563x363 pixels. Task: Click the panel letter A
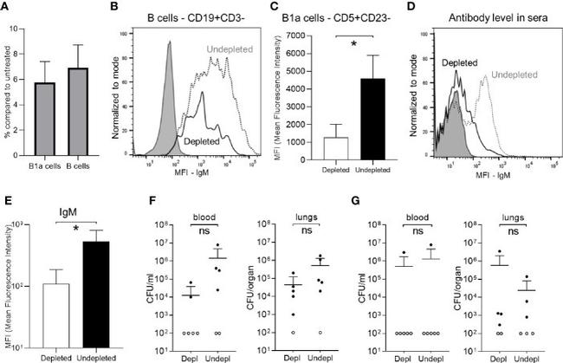7,10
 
